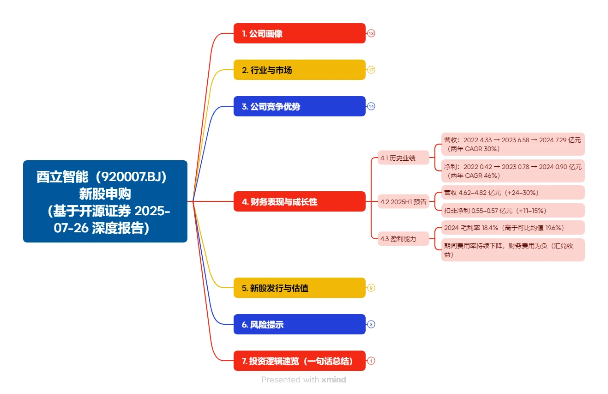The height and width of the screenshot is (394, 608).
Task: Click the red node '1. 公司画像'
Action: pyautogui.click(x=299, y=33)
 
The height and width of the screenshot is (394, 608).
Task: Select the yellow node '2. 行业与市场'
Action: pyautogui.click(x=299, y=70)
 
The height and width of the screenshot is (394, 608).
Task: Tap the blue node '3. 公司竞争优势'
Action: pyautogui.click(x=299, y=106)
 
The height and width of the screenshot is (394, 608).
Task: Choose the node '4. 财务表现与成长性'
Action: pyautogui.click(x=299, y=201)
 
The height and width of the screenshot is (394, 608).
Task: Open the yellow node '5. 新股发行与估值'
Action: pyautogui.click(x=299, y=288)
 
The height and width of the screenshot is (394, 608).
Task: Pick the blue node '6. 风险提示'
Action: pyautogui.click(x=299, y=324)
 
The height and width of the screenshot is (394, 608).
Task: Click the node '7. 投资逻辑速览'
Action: pyautogui.click(x=299, y=361)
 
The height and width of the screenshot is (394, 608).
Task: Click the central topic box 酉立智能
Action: pyautogui.click(x=105, y=201)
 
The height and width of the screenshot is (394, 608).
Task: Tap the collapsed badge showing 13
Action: pyautogui.click(x=371, y=33)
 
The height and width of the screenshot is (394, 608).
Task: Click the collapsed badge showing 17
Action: pyautogui.click(x=371, y=70)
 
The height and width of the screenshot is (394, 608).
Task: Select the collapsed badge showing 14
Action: pyautogui.click(x=371, y=106)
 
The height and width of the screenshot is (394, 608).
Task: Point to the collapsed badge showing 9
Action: pyautogui.click(x=371, y=288)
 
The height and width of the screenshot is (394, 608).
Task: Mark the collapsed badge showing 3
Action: pyautogui.click(x=371, y=324)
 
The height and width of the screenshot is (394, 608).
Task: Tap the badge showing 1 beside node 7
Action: pyautogui.click(x=371, y=361)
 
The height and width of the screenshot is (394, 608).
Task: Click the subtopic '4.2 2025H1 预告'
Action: pyautogui.click(x=403, y=201)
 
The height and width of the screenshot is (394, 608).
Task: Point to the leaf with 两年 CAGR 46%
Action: pyautogui.click(x=512, y=171)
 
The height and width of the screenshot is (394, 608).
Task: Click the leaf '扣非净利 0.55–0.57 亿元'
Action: pyautogui.click(x=512, y=211)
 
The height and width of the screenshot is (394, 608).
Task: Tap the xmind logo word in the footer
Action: pyautogui.click(x=334, y=380)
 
